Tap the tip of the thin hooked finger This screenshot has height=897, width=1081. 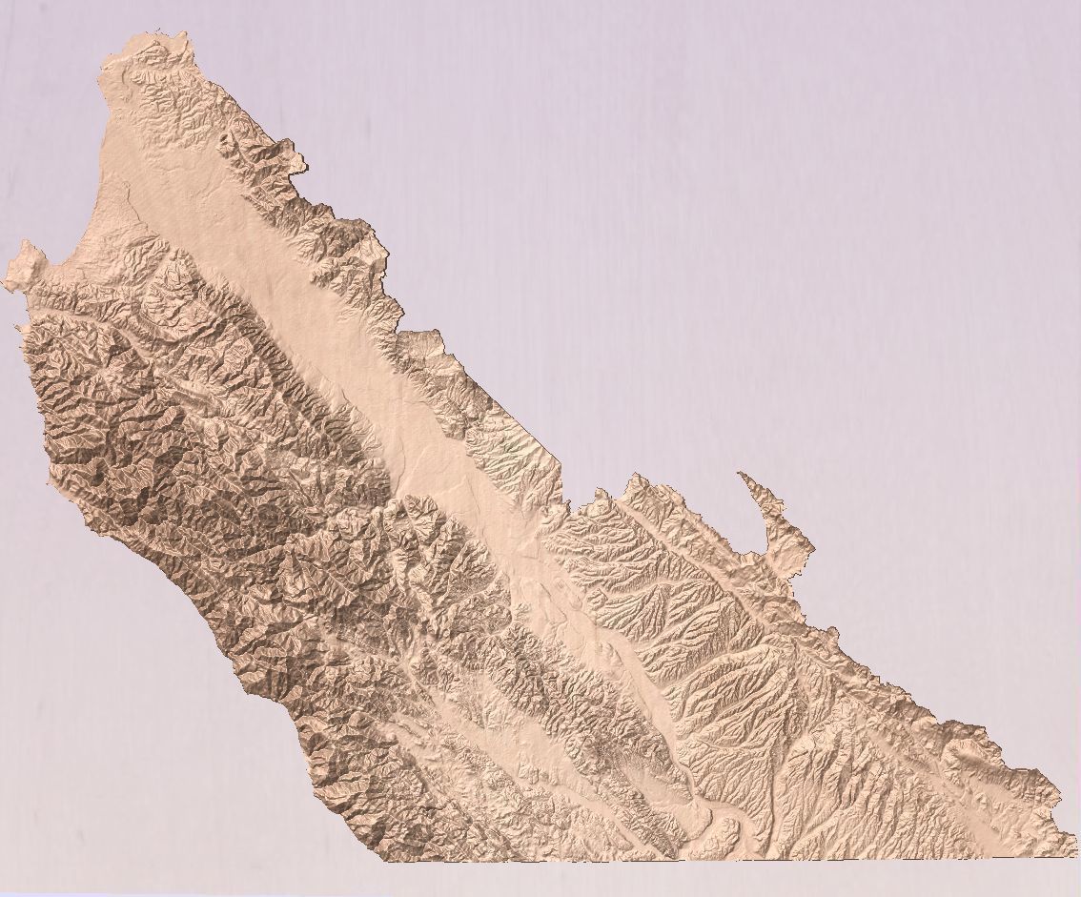click(741, 474)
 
